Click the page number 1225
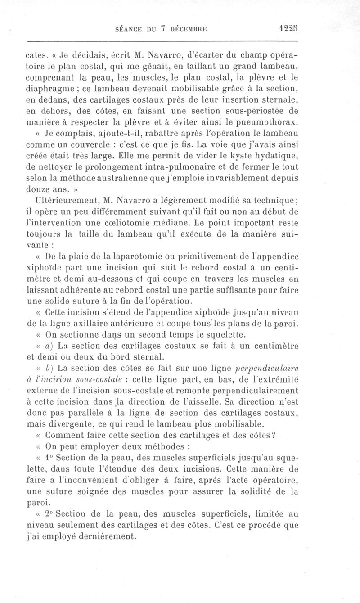pos(288,28)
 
